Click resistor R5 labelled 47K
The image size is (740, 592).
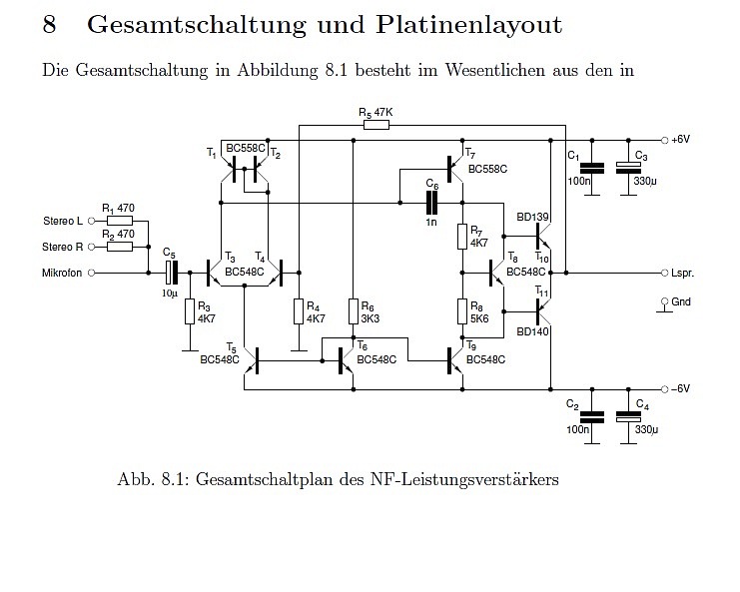(x=375, y=127)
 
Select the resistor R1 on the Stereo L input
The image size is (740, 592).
(x=119, y=221)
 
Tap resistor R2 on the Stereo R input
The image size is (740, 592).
(x=119, y=246)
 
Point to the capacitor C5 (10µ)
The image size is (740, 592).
(x=170, y=272)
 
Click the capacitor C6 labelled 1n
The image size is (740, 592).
(x=431, y=203)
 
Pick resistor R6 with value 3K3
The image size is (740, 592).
(x=353, y=311)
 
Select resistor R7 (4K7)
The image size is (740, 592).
(x=462, y=237)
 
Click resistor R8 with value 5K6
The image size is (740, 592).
(x=462, y=310)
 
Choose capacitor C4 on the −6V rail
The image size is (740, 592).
(x=626, y=418)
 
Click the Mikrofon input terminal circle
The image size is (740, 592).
(x=92, y=272)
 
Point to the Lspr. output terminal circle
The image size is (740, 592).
(x=663, y=272)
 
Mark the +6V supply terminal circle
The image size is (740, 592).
(x=663, y=140)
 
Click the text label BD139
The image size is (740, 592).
(x=532, y=217)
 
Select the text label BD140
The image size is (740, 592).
(x=532, y=331)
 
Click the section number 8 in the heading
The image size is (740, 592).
(x=49, y=26)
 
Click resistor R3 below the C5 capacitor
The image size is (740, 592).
(x=188, y=311)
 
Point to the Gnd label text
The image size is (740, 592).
(x=681, y=301)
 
